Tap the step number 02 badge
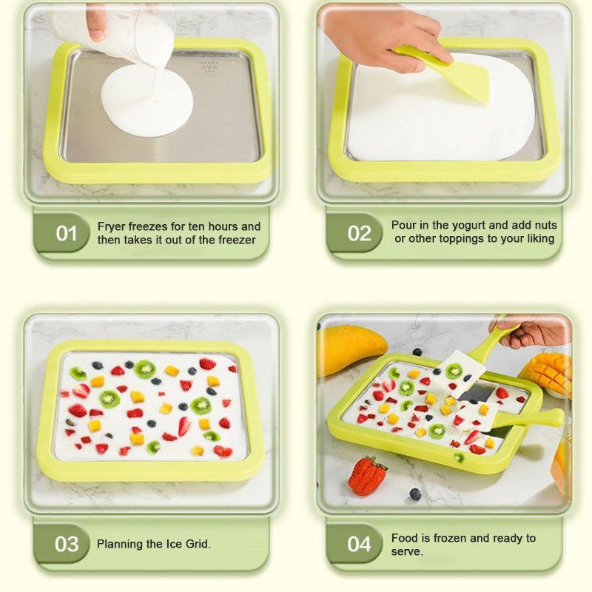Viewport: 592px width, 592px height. [x=359, y=234]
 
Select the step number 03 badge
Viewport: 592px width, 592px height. [x=67, y=544]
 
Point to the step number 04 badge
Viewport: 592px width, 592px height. [x=359, y=544]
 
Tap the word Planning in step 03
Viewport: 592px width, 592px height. [x=120, y=544]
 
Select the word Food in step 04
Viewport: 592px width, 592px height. [x=404, y=538]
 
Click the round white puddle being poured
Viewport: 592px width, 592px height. [x=147, y=101]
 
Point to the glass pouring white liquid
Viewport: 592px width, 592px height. [x=133, y=33]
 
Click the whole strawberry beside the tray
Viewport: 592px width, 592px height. [x=367, y=475]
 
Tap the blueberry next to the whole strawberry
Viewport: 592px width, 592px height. [x=415, y=494]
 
